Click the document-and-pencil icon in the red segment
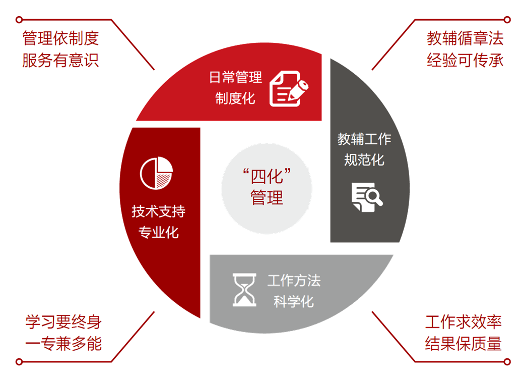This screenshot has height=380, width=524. click(289, 89)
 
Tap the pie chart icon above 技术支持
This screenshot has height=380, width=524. click(156, 174)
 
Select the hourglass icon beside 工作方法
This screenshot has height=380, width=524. click(244, 290)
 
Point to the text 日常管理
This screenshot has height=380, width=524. click(236, 77)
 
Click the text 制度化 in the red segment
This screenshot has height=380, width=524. click(236, 98)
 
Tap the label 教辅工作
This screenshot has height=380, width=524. click(364, 139)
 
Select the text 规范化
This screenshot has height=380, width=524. click(364, 160)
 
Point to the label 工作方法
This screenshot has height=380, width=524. click(294, 281)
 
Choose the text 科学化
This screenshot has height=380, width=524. click(294, 302)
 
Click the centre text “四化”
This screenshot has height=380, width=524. click(267, 177)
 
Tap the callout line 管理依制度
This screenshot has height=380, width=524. click(60, 38)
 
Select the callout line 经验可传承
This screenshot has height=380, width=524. click(465, 61)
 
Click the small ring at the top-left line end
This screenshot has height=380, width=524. click(19, 20)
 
